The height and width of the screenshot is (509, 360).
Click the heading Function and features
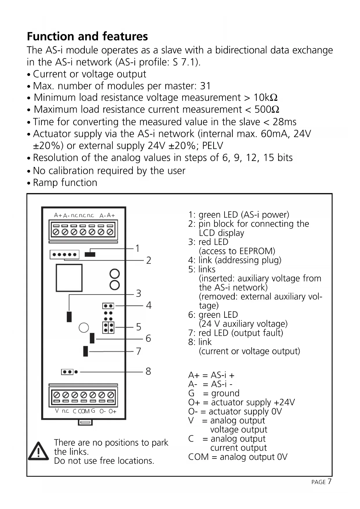87,37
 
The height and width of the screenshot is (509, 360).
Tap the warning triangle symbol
38,452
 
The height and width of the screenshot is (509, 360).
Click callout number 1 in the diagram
138,248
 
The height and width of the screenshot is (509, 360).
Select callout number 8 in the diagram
148,371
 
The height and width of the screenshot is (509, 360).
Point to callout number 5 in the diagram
139,327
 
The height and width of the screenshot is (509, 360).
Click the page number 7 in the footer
330,481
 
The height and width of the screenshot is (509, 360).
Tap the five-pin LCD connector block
64,255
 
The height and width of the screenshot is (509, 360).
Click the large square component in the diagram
69,278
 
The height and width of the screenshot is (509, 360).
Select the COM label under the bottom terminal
84,411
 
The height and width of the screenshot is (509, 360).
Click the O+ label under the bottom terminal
112,411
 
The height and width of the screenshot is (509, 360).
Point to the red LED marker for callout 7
86,351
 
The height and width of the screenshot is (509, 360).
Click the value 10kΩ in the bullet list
265,98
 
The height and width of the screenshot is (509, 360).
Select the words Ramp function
65,183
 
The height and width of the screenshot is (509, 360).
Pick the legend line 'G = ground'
214,393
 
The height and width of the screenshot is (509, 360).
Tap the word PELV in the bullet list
212,145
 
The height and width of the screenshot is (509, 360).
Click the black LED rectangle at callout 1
90,255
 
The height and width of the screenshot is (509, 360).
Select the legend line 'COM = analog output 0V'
238,457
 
